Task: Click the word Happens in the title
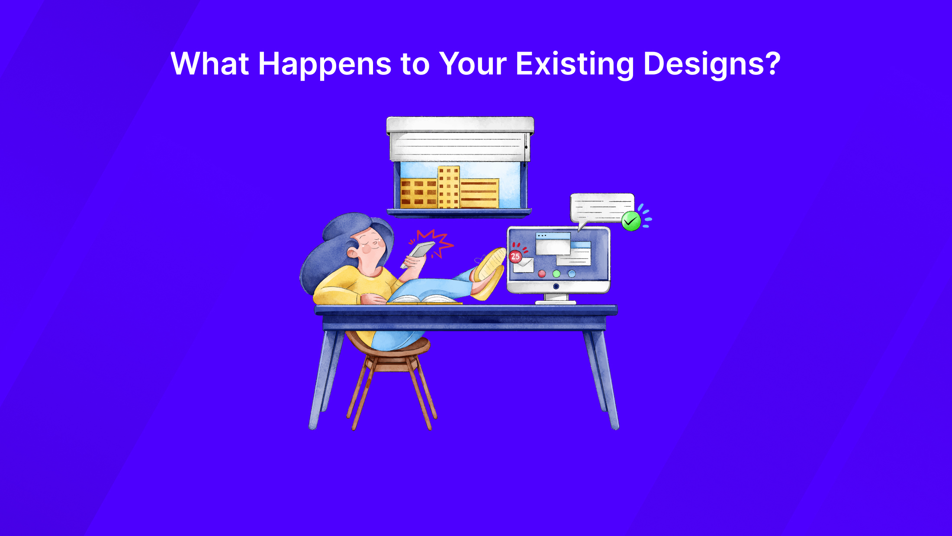(325, 64)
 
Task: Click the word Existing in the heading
(575, 64)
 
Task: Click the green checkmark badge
(631, 221)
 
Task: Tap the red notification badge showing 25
(515, 256)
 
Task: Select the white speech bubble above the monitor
(601, 208)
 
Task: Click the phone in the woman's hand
(421, 249)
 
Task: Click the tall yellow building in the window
(448, 187)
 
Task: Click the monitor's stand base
(556, 302)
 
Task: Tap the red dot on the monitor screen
(542, 274)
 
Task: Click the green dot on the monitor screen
(556, 274)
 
